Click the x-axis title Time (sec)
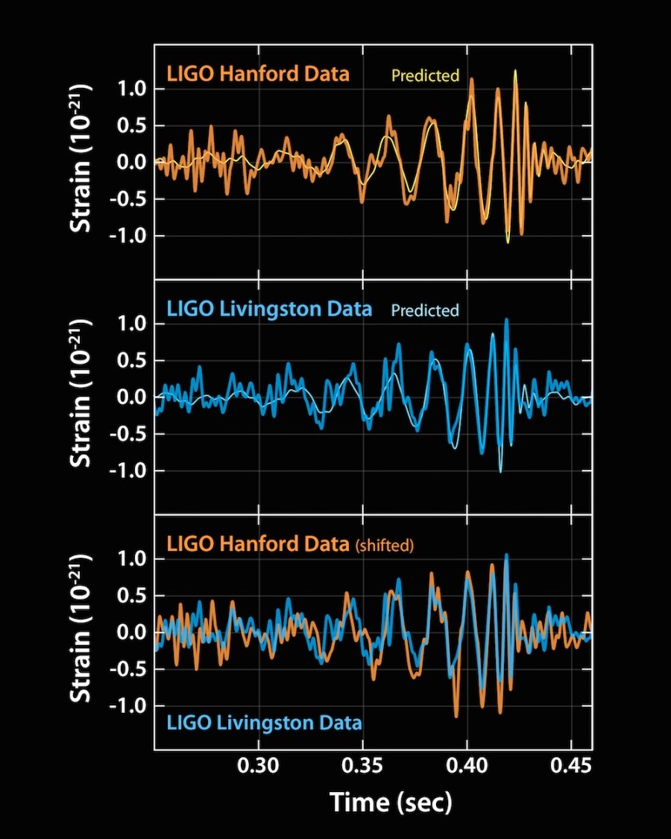(391, 802)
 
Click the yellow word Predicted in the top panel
(425, 75)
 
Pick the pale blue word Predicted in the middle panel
(425, 310)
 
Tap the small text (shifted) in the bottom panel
(383, 546)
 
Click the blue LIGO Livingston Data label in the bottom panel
(265, 722)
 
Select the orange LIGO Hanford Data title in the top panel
(258, 75)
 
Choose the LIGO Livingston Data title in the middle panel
(269, 309)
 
